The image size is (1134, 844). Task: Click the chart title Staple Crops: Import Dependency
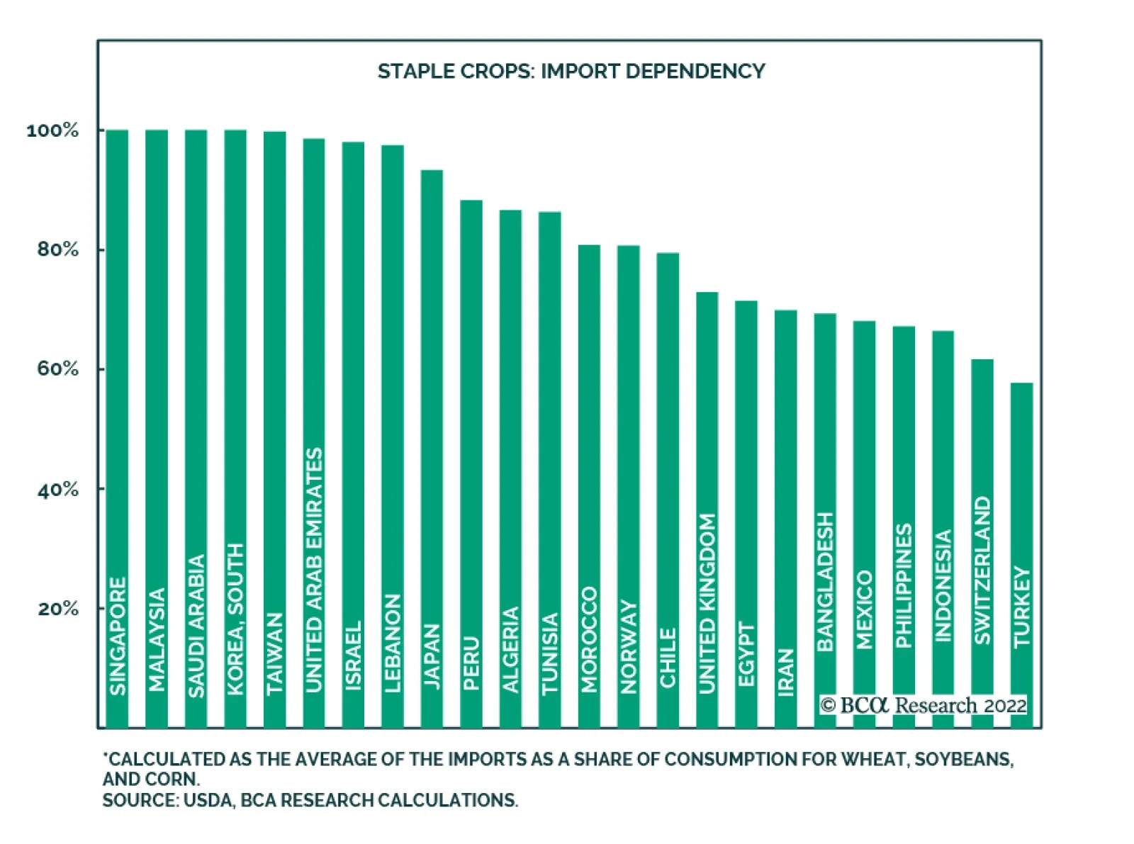(x=571, y=72)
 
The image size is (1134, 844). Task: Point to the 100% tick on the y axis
(x=52, y=130)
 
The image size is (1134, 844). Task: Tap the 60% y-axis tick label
(x=57, y=369)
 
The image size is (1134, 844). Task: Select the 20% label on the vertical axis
(x=57, y=609)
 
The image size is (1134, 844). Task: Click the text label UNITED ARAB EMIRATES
(x=313, y=570)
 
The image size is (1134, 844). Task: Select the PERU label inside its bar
(x=471, y=663)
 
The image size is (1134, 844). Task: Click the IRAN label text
(x=786, y=673)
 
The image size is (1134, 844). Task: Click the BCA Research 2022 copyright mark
(x=924, y=706)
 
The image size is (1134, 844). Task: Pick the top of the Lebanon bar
(x=393, y=146)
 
